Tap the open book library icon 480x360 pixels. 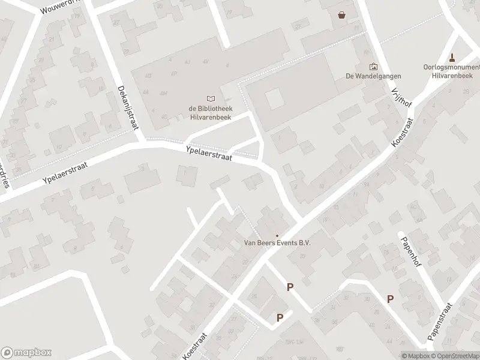point(210,98)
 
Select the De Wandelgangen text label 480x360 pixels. point(373,76)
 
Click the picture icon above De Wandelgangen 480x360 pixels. point(373,67)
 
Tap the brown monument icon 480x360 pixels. point(452,58)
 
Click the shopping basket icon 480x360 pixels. point(342,16)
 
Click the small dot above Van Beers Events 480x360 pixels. point(277,235)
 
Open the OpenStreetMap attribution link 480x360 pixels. point(456,356)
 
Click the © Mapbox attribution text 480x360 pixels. point(416,356)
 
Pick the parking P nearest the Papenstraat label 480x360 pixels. point(391,299)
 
